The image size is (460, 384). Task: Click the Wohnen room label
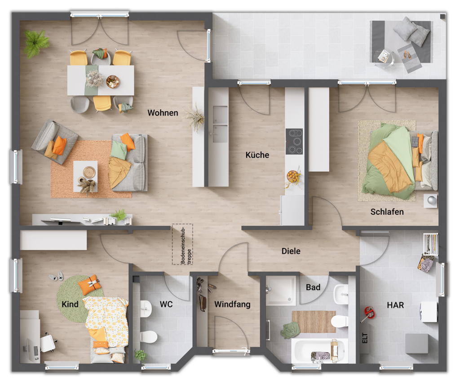click(x=163, y=113)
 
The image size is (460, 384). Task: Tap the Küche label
click(x=257, y=155)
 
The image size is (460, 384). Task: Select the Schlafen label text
click(x=387, y=212)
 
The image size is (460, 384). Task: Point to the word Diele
click(x=291, y=251)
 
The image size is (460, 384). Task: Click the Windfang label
click(x=232, y=305)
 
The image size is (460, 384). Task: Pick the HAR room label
click(x=395, y=305)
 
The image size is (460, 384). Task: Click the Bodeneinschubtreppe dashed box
click(x=182, y=244)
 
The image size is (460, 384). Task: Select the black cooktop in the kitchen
click(x=294, y=141)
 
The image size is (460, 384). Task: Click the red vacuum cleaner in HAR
click(x=368, y=313)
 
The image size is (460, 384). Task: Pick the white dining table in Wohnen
click(x=101, y=80)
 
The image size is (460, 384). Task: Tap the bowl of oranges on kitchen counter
click(x=293, y=175)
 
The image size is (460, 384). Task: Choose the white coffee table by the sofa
click(x=85, y=173)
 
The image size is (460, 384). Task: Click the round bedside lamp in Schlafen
click(x=431, y=200)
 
